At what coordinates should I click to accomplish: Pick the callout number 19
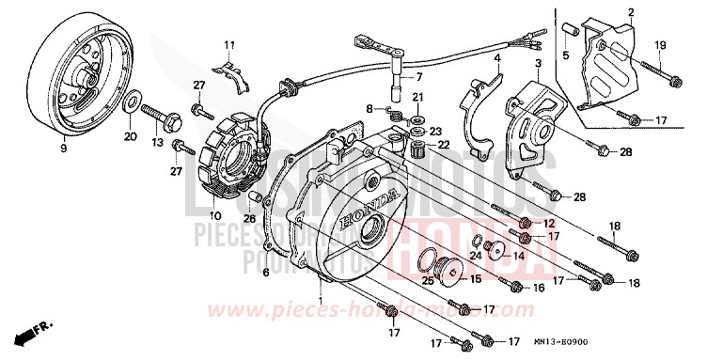click(x=659, y=45)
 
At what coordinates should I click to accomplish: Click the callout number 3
click(x=538, y=63)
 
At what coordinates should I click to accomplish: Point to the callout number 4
click(x=496, y=58)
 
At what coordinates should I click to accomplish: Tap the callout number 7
click(x=419, y=77)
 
